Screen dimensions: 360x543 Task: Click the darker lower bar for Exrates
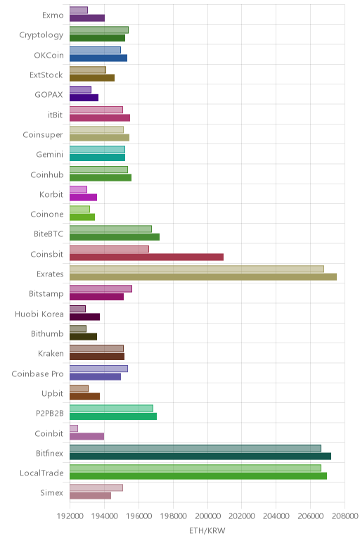click(x=203, y=276)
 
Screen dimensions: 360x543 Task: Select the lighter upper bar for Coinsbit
click(x=109, y=249)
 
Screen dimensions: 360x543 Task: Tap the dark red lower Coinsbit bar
click(x=146, y=257)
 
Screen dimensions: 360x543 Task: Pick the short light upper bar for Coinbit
click(x=74, y=428)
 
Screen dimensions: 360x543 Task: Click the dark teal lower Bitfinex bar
click(x=200, y=456)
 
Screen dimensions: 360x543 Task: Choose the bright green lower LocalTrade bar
click(x=198, y=475)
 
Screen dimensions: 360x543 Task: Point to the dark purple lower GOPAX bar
click(x=84, y=98)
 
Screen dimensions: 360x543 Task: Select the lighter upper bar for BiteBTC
click(x=110, y=229)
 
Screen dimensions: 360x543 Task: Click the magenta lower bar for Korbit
click(x=84, y=198)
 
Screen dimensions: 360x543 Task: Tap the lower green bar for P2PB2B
click(x=113, y=416)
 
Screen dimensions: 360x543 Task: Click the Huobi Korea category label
click(x=39, y=314)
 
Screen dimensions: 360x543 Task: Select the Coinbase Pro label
click(x=38, y=374)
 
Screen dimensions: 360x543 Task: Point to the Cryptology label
click(x=41, y=35)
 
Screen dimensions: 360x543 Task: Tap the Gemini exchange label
click(x=50, y=155)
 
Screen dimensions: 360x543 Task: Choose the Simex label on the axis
click(x=51, y=493)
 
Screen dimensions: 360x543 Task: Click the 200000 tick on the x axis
click(x=207, y=516)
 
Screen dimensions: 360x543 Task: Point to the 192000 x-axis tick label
click(x=70, y=516)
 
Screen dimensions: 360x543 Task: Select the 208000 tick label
click(x=345, y=516)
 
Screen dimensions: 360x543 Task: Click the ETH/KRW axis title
click(x=207, y=530)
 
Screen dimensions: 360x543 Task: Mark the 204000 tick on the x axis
click(x=276, y=516)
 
